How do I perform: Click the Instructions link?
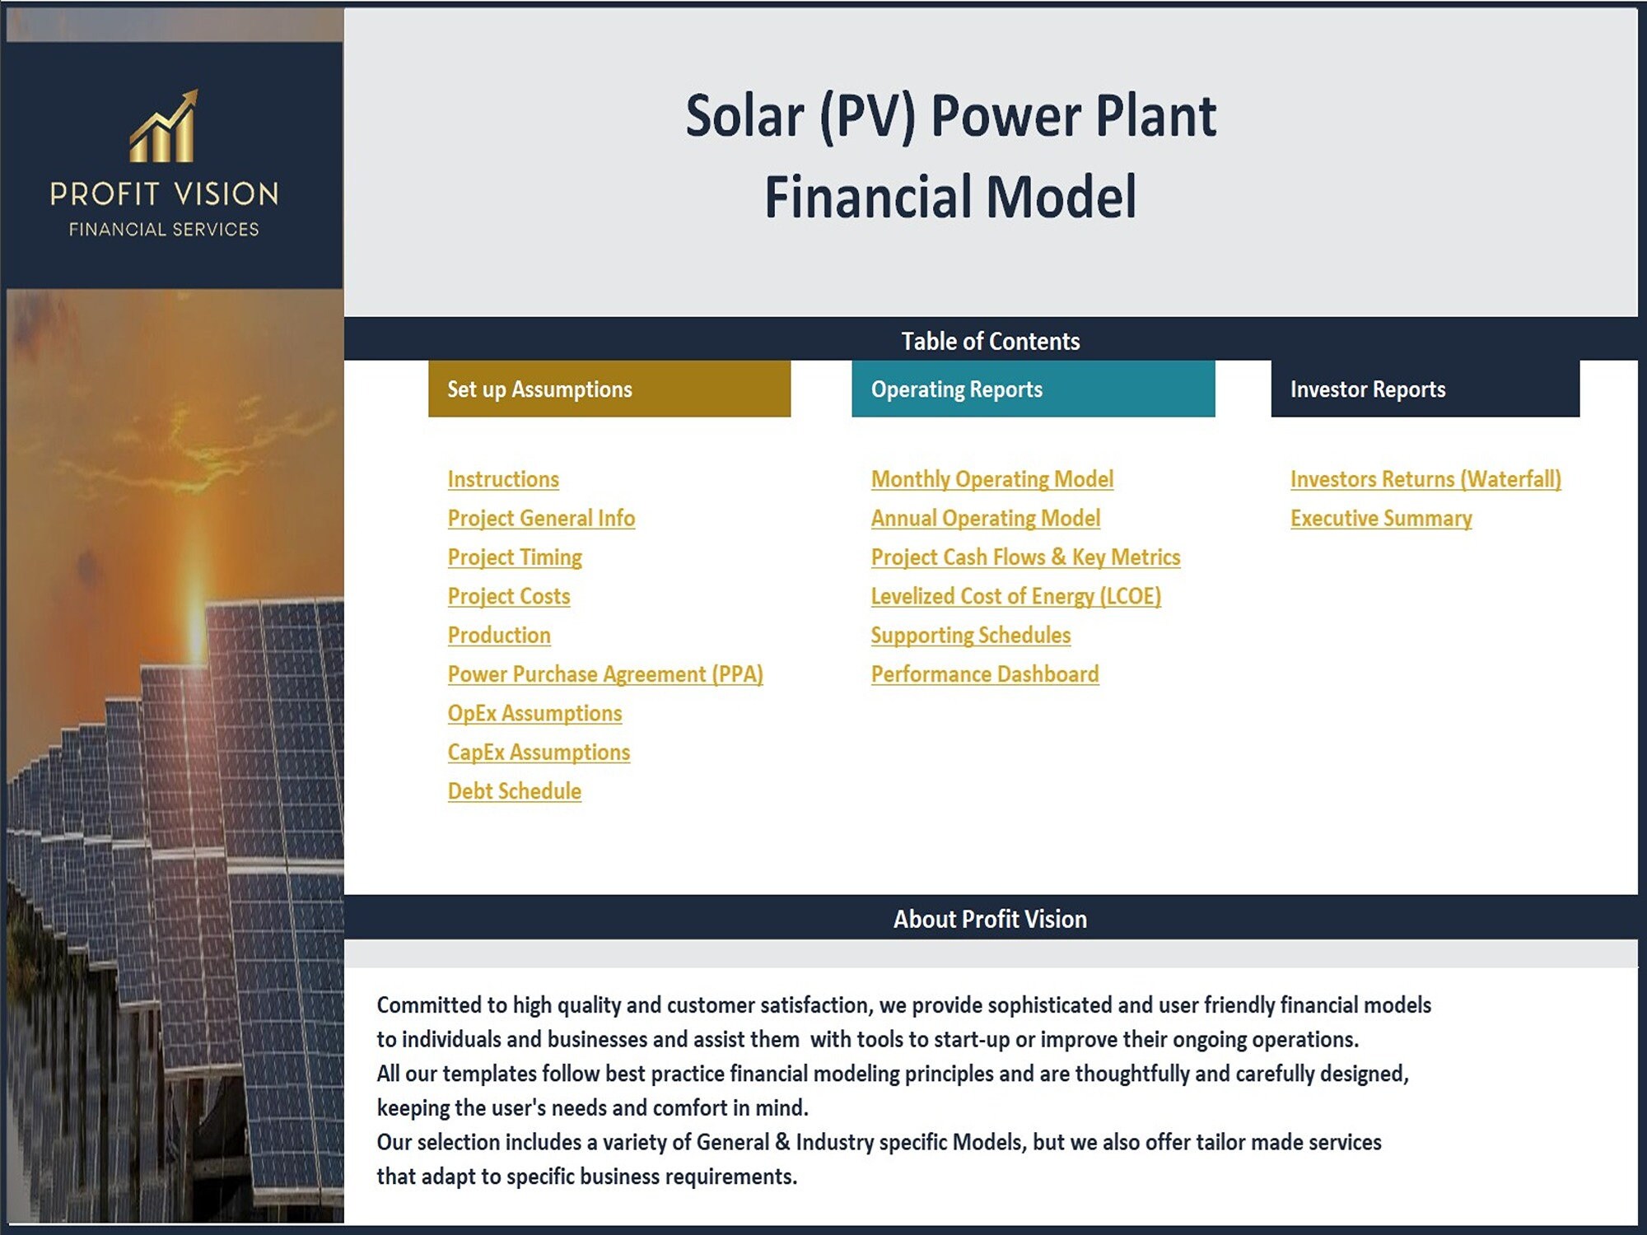[x=503, y=479]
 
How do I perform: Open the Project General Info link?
[x=541, y=518]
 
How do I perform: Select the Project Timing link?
[x=515, y=557]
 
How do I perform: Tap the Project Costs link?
[x=509, y=596]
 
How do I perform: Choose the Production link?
[x=499, y=635]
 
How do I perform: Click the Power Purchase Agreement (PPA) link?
[x=605, y=674]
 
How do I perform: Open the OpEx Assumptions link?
[x=534, y=713]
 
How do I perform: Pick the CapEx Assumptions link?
[x=539, y=752]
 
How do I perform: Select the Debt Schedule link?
[x=515, y=791]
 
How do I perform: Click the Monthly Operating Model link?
[x=992, y=479]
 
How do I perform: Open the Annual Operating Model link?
[x=986, y=518]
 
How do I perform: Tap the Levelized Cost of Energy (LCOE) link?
[x=1016, y=596]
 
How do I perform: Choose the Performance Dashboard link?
[x=985, y=674]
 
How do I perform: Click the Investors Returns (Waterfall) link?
[x=1425, y=479]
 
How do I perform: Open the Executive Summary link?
[x=1381, y=518]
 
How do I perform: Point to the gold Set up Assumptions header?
[x=609, y=389]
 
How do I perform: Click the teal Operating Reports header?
[x=1033, y=389]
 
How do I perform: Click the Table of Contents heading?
[x=990, y=341]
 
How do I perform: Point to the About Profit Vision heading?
[x=990, y=919]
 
